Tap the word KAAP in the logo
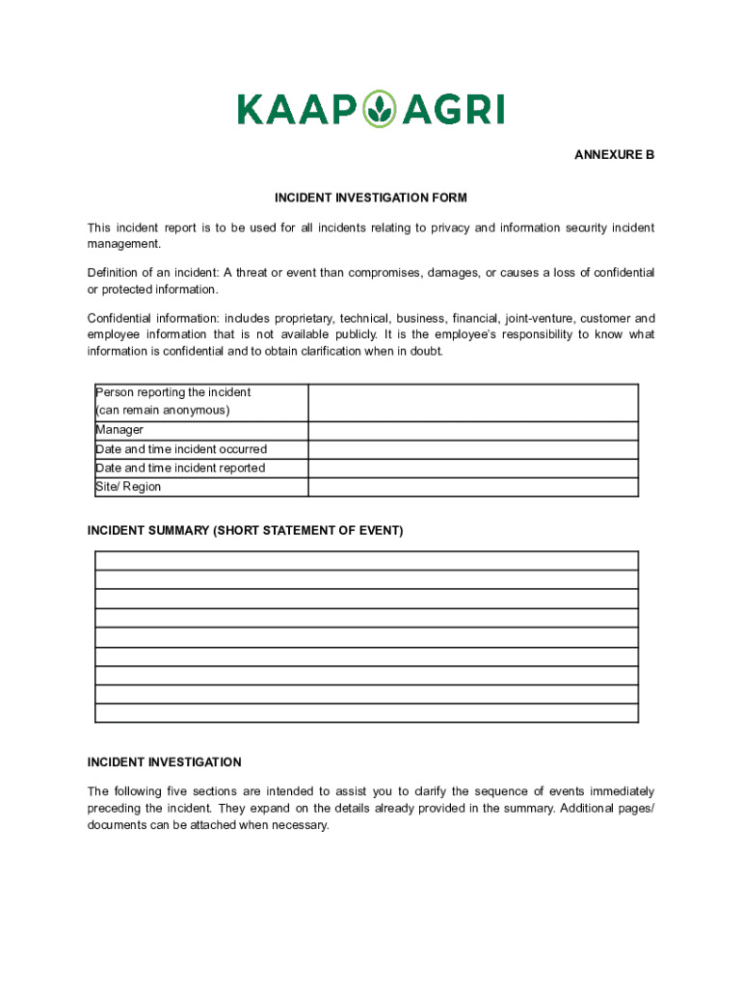297,110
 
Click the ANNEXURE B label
615,155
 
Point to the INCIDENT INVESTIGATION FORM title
371,198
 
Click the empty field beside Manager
473,431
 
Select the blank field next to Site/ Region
473,487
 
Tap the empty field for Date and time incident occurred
473,449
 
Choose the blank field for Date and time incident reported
473,468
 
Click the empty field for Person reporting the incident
473,402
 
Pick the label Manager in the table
119,431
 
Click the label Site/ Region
128,487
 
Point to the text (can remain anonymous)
162,411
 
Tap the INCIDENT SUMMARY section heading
245,531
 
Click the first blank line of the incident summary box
366,560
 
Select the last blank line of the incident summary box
366,713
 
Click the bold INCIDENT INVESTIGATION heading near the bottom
164,762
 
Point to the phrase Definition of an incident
151,273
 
